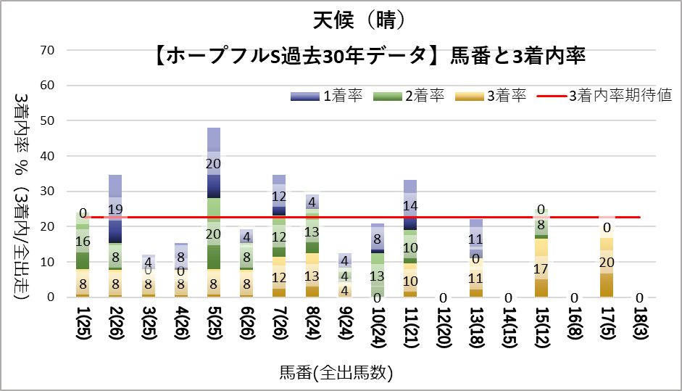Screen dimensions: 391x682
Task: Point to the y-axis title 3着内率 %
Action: [22, 138]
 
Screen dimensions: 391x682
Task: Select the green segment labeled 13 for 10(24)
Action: [378, 275]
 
